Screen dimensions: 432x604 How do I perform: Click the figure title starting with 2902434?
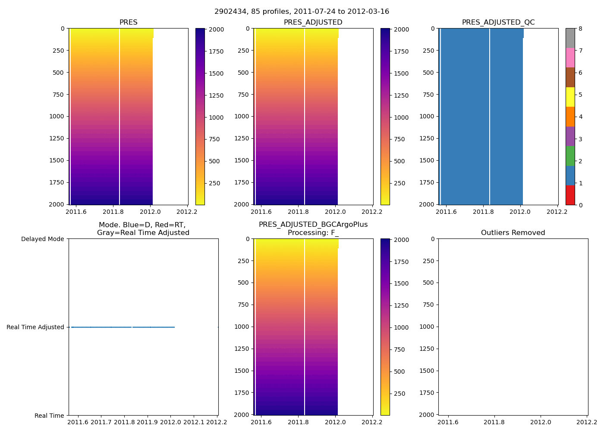302,12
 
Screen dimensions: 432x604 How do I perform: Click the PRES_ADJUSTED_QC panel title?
498,22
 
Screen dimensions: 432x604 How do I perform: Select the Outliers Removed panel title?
513,233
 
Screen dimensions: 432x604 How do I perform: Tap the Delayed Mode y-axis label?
42,239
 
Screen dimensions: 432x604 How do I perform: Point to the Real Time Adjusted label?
35,327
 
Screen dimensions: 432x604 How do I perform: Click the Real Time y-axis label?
49,416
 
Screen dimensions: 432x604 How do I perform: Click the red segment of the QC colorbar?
570,195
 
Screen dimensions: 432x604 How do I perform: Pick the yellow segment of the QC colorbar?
570,97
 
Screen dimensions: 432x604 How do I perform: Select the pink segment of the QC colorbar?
570,57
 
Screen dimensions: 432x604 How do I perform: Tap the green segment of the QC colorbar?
570,156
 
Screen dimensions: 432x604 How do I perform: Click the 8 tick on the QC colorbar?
580,29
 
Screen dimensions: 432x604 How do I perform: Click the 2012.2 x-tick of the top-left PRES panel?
187,212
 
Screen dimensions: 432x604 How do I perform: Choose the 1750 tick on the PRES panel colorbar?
216,51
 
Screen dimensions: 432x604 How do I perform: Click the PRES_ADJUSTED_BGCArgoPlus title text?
313,225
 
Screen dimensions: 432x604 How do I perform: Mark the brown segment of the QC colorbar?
570,77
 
